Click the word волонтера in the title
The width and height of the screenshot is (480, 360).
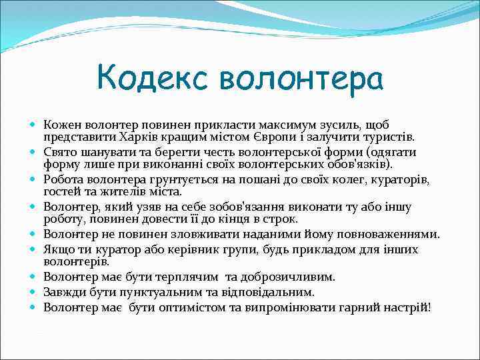301,79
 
